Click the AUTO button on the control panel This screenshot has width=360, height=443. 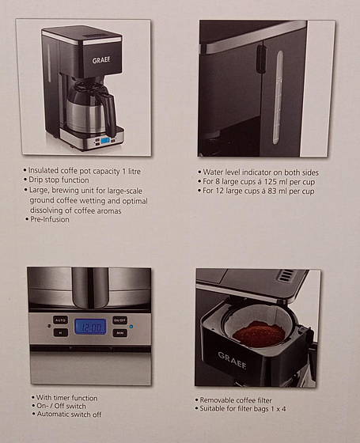(60, 320)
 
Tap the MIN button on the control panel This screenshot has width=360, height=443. (119, 333)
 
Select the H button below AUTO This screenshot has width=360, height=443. (60, 332)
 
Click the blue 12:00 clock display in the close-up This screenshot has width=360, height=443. (90, 327)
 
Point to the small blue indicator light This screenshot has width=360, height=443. (131, 327)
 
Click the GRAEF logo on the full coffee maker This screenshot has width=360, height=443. (101, 60)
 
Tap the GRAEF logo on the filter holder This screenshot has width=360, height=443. (232, 360)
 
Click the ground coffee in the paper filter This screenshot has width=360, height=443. (259, 333)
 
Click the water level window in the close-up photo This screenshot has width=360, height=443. (278, 97)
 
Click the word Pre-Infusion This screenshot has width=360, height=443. (50, 220)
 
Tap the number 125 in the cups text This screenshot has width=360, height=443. (271, 182)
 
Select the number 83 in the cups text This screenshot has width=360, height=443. (272, 191)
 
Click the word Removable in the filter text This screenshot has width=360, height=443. (217, 400)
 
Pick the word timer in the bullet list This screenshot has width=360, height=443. (61, 398)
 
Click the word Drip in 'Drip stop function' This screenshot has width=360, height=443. (35, 180)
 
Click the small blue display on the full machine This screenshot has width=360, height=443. (106, 141)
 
